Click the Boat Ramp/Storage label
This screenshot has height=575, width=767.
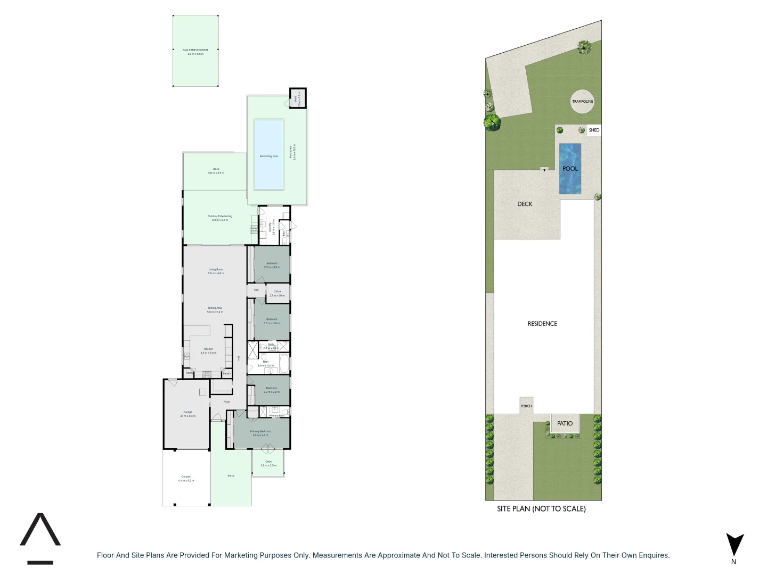point(195,52)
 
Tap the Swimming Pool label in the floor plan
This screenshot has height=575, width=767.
point(268,156)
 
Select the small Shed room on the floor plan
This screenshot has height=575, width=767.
point(297,98)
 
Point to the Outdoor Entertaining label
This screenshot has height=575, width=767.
point(219,218)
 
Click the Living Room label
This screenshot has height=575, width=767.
point(216,271)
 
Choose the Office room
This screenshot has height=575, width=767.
point(278,293)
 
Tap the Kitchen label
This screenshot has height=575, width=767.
point(208,350)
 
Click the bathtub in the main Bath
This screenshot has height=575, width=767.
point(284,365)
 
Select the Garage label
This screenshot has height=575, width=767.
point(187,414)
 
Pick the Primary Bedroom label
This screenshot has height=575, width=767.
point(260,433)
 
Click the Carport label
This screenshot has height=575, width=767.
point(186,478)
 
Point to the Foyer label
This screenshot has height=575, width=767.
point(227,402)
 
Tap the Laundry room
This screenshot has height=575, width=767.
point(271,227)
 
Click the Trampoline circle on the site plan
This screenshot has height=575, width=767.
point(582,101)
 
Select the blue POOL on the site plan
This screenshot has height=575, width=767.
point(570,168)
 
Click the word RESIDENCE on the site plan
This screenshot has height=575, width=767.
point(542,323)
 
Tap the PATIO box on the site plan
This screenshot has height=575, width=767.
point(565,423)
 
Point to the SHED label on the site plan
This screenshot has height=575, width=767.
point(594,130)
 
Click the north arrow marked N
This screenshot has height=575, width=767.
point(735,546)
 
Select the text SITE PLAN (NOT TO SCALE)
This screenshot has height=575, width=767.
point(541,508)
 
